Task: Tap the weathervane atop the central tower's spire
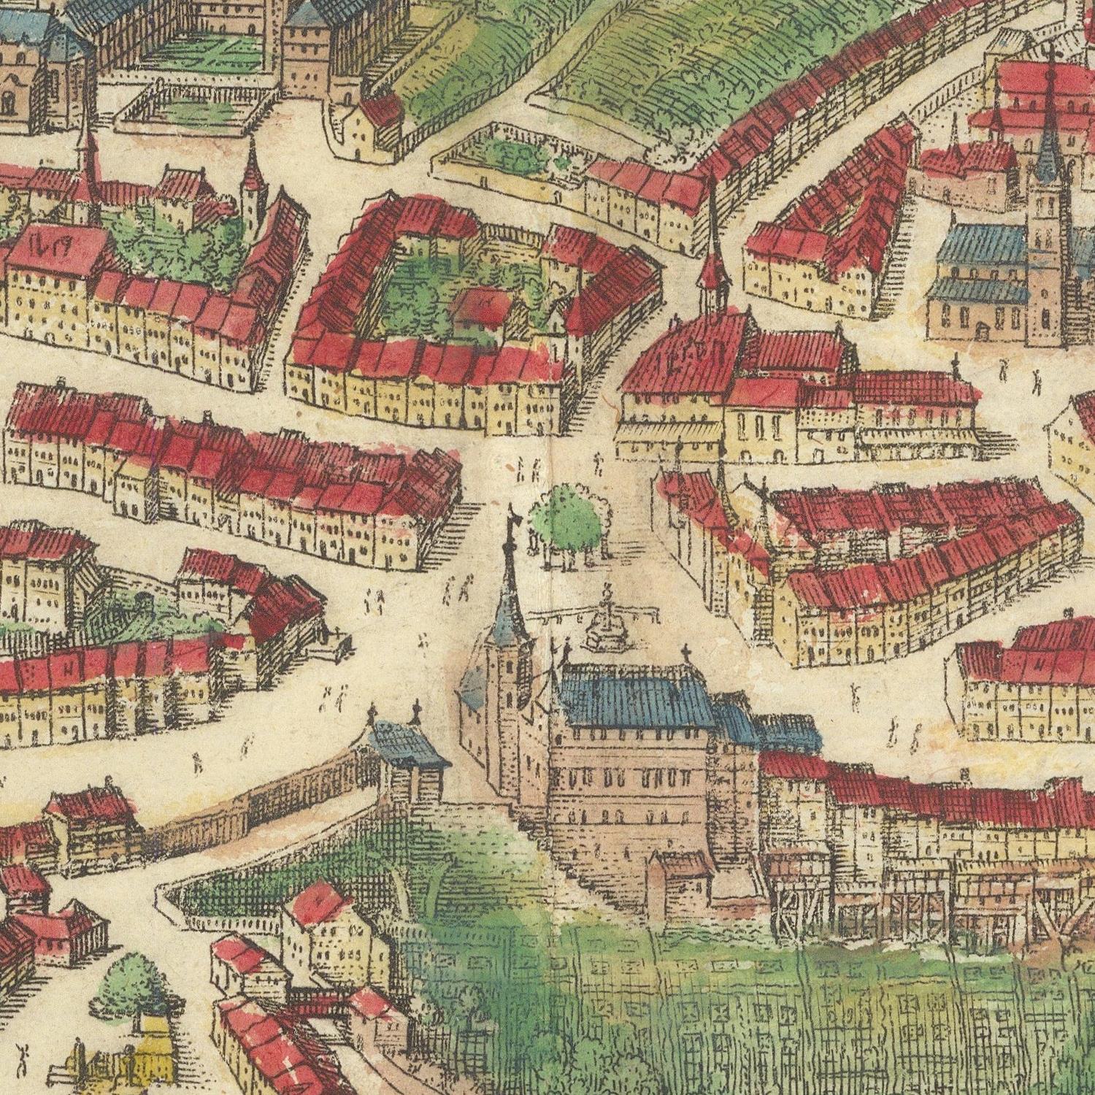point(512,515)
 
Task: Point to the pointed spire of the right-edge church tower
point(1049,131)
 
